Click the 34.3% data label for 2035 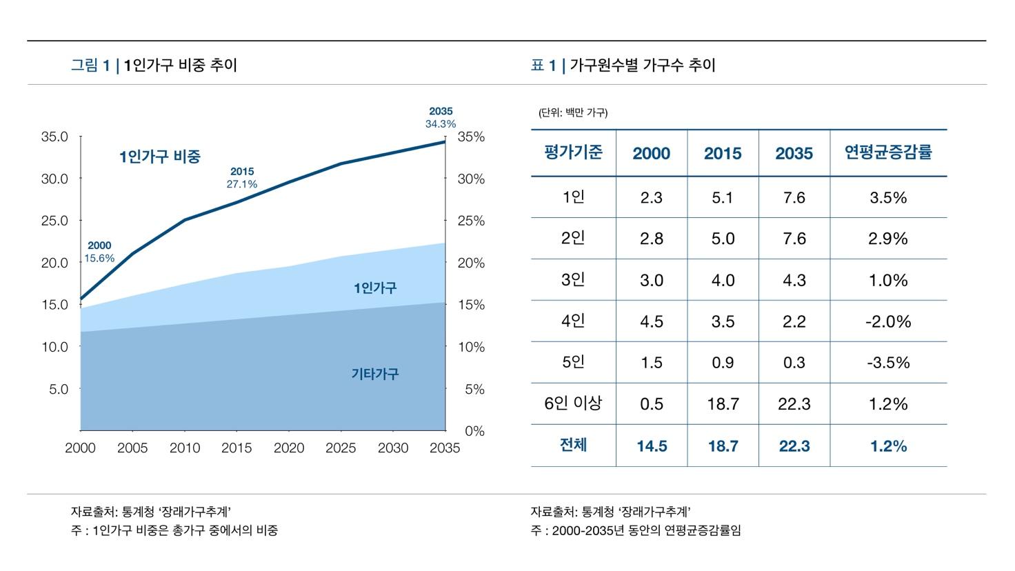(441, 124)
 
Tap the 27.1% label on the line (242, 184)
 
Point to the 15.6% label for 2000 (99, 259)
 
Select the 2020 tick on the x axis (289, 448)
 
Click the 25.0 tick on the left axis (54, 221)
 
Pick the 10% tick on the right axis (472, 347)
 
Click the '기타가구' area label (375, 374)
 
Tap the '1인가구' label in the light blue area (375, 288)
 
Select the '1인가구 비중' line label (160, 157)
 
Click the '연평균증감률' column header (888, 152)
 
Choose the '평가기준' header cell (573, 152)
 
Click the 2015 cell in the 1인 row (723, 198)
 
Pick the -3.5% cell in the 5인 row (888, 363)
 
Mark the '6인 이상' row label (573, 403)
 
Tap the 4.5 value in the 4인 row (651, 321)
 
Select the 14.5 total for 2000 (651, 446)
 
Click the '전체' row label (573, 445)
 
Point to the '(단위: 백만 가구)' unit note (573, 112)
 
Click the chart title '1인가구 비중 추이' (181, 66)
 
